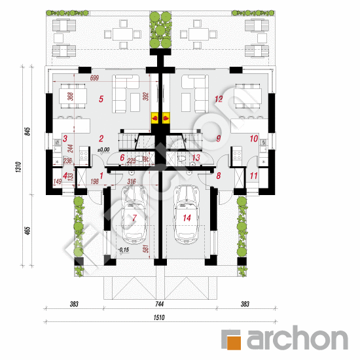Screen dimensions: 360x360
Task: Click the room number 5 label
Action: (x=101, y=99)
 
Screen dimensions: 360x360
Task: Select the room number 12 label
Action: (x=219, y=99)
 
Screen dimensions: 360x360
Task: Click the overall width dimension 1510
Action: (x=158, y=317)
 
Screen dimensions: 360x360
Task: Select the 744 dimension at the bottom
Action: (x=158, y=305)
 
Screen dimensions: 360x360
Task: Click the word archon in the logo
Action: (x=296, y=339)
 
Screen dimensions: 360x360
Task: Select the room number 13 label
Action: (x=196, y=157)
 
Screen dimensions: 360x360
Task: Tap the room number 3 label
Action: (x=65, y=138)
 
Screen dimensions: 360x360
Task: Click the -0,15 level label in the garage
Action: (x=123, y=250)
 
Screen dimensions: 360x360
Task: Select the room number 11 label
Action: (x=253, y=175)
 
